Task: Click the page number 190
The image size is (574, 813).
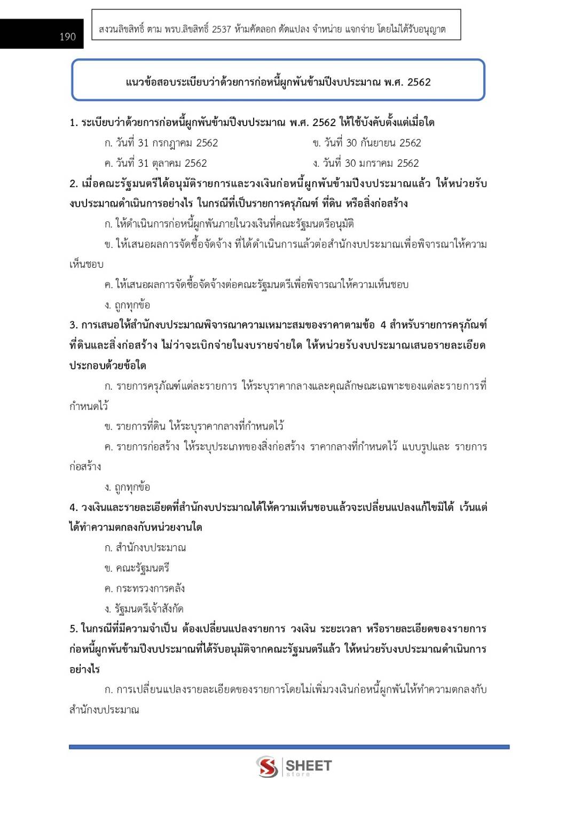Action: (x=67, y=36)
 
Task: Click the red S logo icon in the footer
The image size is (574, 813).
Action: (x=266, y=766)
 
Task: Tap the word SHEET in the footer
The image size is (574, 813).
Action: (x=309, y=765)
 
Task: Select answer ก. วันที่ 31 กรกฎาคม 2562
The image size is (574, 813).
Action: (x=161, y=143)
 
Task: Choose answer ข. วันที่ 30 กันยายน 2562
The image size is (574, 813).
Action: (x=367, y=143)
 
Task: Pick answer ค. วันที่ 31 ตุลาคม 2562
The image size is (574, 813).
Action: (x=155, y=163)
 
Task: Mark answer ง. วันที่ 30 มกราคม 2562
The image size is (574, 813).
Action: (x=366, y=163)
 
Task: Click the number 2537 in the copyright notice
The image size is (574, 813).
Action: (x=221, y=29)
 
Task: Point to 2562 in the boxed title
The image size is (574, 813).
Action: (x=419, y=82)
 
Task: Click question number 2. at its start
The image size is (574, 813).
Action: (x=74, y=183)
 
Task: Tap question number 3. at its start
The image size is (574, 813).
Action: (x=74, y=324)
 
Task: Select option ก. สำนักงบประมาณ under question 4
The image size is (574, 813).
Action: (x=145, y=547)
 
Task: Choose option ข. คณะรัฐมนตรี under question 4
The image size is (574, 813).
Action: (x=137, y=568)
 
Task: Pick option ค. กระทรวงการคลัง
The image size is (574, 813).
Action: (x=145, y=588)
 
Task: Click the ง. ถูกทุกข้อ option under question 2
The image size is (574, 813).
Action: (x=127, y=305)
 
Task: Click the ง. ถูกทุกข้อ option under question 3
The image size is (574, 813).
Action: (x=127, y=487)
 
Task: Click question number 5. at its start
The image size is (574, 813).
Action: (x=74, y=628)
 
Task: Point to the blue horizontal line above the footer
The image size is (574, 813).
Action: (x=289, y=746)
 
